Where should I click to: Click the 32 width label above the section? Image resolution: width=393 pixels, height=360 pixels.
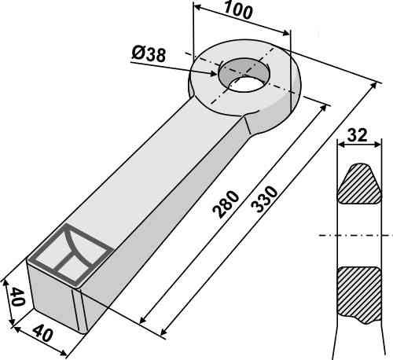point(358,135)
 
